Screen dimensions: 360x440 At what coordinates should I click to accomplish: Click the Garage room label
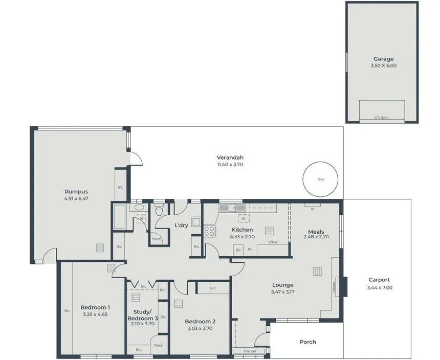pos(383,59)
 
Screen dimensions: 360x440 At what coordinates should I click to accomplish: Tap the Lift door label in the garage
pos(381,118)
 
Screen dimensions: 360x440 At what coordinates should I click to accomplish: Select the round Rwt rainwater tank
pos(320,179)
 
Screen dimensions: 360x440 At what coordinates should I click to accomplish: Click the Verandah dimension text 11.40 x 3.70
pos(230,165)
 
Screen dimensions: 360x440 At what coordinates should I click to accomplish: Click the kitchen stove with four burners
pos(210,231)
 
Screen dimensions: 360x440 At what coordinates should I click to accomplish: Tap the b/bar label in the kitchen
pos(273,242)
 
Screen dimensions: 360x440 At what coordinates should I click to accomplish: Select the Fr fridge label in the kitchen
pos(250,250)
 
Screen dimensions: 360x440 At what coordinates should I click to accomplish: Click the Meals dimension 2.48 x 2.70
pos(316,237)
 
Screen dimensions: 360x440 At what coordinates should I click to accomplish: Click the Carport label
pos(379,280)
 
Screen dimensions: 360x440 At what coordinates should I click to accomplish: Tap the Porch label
pos(308,342)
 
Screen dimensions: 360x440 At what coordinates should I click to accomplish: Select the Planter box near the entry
pos(250,351)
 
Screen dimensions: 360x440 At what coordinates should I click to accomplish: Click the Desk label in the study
pos(159,346)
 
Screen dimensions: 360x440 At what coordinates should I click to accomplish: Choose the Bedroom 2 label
pos(200,322)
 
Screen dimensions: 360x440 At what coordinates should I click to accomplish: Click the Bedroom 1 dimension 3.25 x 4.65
pos(94,315)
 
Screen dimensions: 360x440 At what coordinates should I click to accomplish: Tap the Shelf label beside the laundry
pos(156,239)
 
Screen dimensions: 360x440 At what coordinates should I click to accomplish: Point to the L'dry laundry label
pos(182,226)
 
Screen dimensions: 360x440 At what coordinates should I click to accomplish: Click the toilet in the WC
pos(159,210)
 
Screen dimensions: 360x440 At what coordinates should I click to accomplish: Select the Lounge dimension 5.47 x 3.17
pos(282,292)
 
